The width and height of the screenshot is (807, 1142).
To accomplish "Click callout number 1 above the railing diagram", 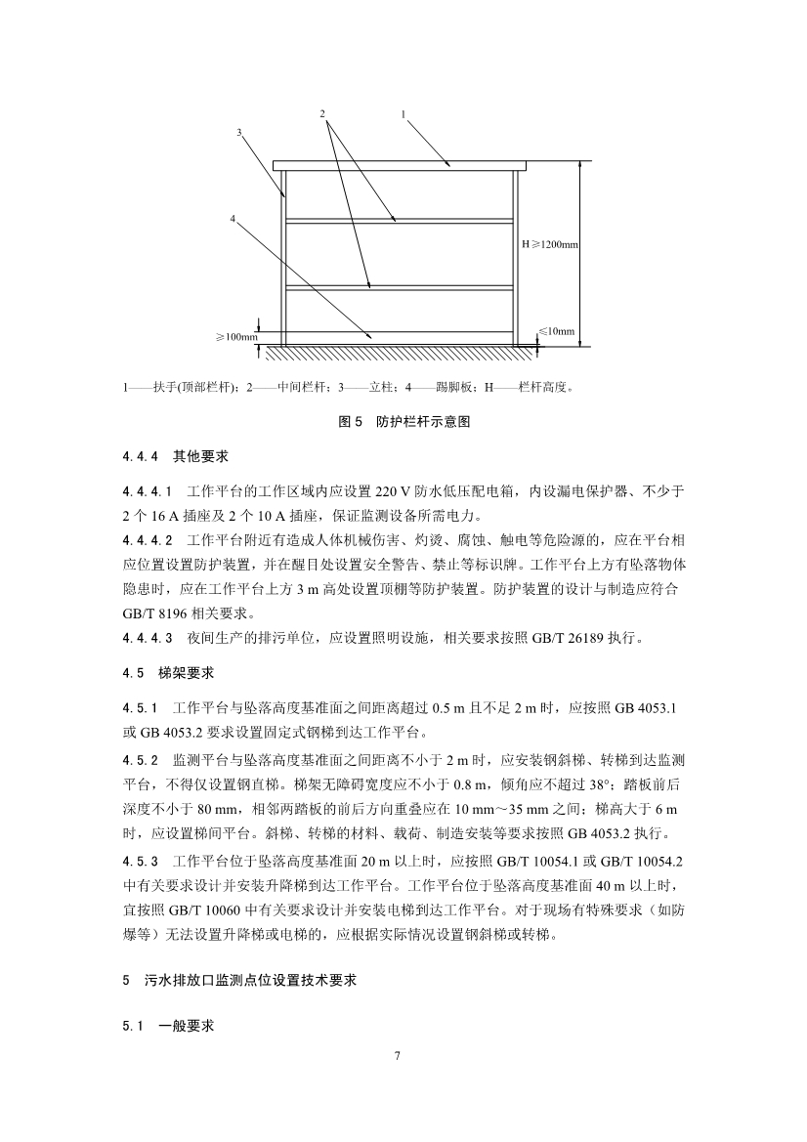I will click(x=403, y=114).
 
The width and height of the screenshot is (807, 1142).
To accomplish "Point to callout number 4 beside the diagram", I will click(x=233, y=219).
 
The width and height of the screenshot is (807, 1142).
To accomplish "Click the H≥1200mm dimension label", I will click(x=550, y=243).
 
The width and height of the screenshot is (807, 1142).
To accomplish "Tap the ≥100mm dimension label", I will click(x=236, y=337).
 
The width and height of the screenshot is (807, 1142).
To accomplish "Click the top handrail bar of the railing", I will click(x=401, y=166).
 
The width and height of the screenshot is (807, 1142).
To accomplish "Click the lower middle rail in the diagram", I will click(x=401, y=287).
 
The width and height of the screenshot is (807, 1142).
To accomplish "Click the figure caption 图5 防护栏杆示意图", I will click(x=403, y=422).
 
